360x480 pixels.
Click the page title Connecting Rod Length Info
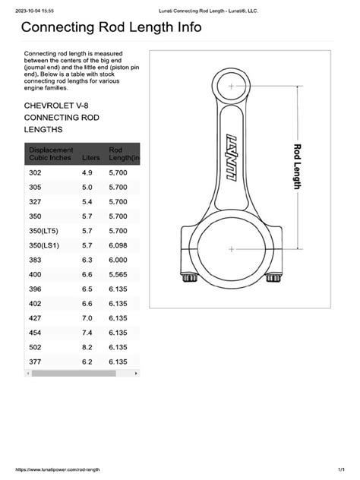tap(111, 28)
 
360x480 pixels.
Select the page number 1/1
tap(342, 471)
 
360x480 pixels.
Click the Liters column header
tap(90, 157)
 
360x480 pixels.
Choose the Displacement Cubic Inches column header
tap(51, 153)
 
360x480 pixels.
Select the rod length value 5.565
tap(118, 274)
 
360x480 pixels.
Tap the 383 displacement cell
tap(36, 260)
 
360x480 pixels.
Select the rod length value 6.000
tap(118, 260)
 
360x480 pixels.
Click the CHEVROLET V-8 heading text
tap(62, 104)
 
